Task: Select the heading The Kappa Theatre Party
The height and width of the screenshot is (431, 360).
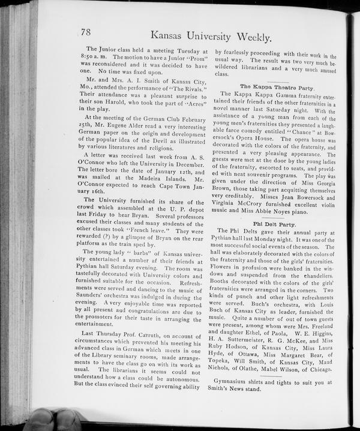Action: tap(277, 88)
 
